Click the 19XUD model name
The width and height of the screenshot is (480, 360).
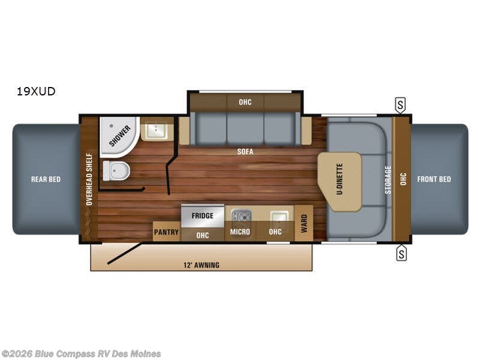point(37,92)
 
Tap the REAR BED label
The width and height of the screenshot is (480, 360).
point(46,179)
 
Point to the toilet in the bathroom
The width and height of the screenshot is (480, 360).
point(116,172)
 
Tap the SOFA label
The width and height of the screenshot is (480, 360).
point(245,152)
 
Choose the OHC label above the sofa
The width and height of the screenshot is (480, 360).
point(245,102)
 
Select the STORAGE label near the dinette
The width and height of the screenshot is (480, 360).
point(388,179)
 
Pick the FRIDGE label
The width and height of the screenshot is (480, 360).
point(203,215)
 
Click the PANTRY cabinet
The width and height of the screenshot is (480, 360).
point(166,232)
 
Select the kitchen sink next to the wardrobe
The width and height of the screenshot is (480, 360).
point(278,215)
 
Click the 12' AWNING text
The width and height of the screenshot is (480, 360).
point(201,265)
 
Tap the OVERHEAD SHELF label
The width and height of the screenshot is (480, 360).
point(89,179)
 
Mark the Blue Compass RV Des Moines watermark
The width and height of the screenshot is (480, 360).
point(81,353)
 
